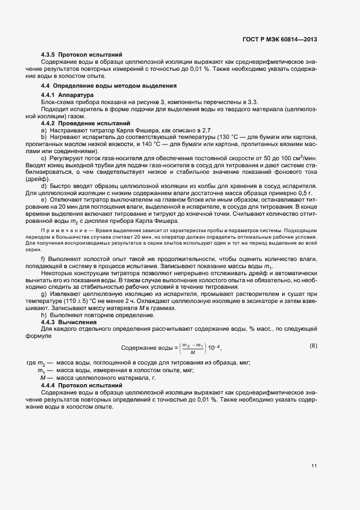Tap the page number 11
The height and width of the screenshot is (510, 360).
coord(314,465)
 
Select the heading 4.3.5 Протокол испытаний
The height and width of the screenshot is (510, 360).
coord(82,55)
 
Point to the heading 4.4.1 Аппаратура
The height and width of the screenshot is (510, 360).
coord(68,95)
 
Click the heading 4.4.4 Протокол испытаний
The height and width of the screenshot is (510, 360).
coord(82,386)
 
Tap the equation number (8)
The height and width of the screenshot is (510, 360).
coord(313,345)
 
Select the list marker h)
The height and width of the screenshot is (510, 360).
coord(44,315)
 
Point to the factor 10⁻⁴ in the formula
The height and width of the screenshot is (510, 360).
coord(214,348)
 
